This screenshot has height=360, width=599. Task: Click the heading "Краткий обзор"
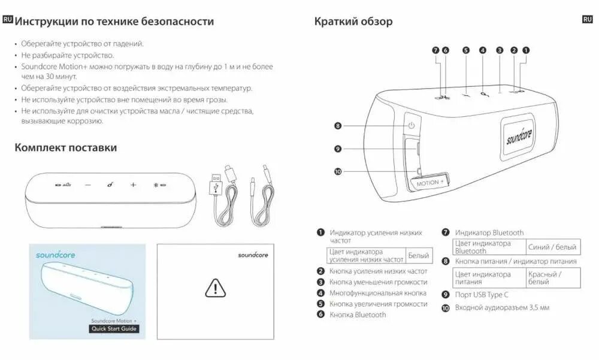(x=353, y=22)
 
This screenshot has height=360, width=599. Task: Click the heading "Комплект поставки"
(x=66, y=147)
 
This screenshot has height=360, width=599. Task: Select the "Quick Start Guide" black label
(x=114, y=328)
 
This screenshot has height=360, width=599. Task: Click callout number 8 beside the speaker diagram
(x=338, y=126)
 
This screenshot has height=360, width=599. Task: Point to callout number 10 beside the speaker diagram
(x=338, y=172)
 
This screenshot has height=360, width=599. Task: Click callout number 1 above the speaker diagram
(x=525, y=50)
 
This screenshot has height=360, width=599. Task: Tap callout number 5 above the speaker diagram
(x=465, y=50)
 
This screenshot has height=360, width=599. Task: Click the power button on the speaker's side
(x=412, y=126)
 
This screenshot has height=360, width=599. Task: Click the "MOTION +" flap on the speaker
(x=431, y=181)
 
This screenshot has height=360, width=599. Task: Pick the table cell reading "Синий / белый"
(x=553, y=247)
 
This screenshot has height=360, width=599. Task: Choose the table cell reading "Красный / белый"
(x=553, y=278)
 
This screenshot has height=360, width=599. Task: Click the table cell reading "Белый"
(x=419, y=255)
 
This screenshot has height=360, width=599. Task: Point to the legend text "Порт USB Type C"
(x=482, y=295)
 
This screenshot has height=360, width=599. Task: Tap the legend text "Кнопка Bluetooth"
(x=358, y=314)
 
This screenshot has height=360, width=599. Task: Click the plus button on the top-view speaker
(x=133, y=185)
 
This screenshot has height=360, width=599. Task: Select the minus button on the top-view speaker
(x=88, y=185)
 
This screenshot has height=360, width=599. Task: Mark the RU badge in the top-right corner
(x=587, y=20)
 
